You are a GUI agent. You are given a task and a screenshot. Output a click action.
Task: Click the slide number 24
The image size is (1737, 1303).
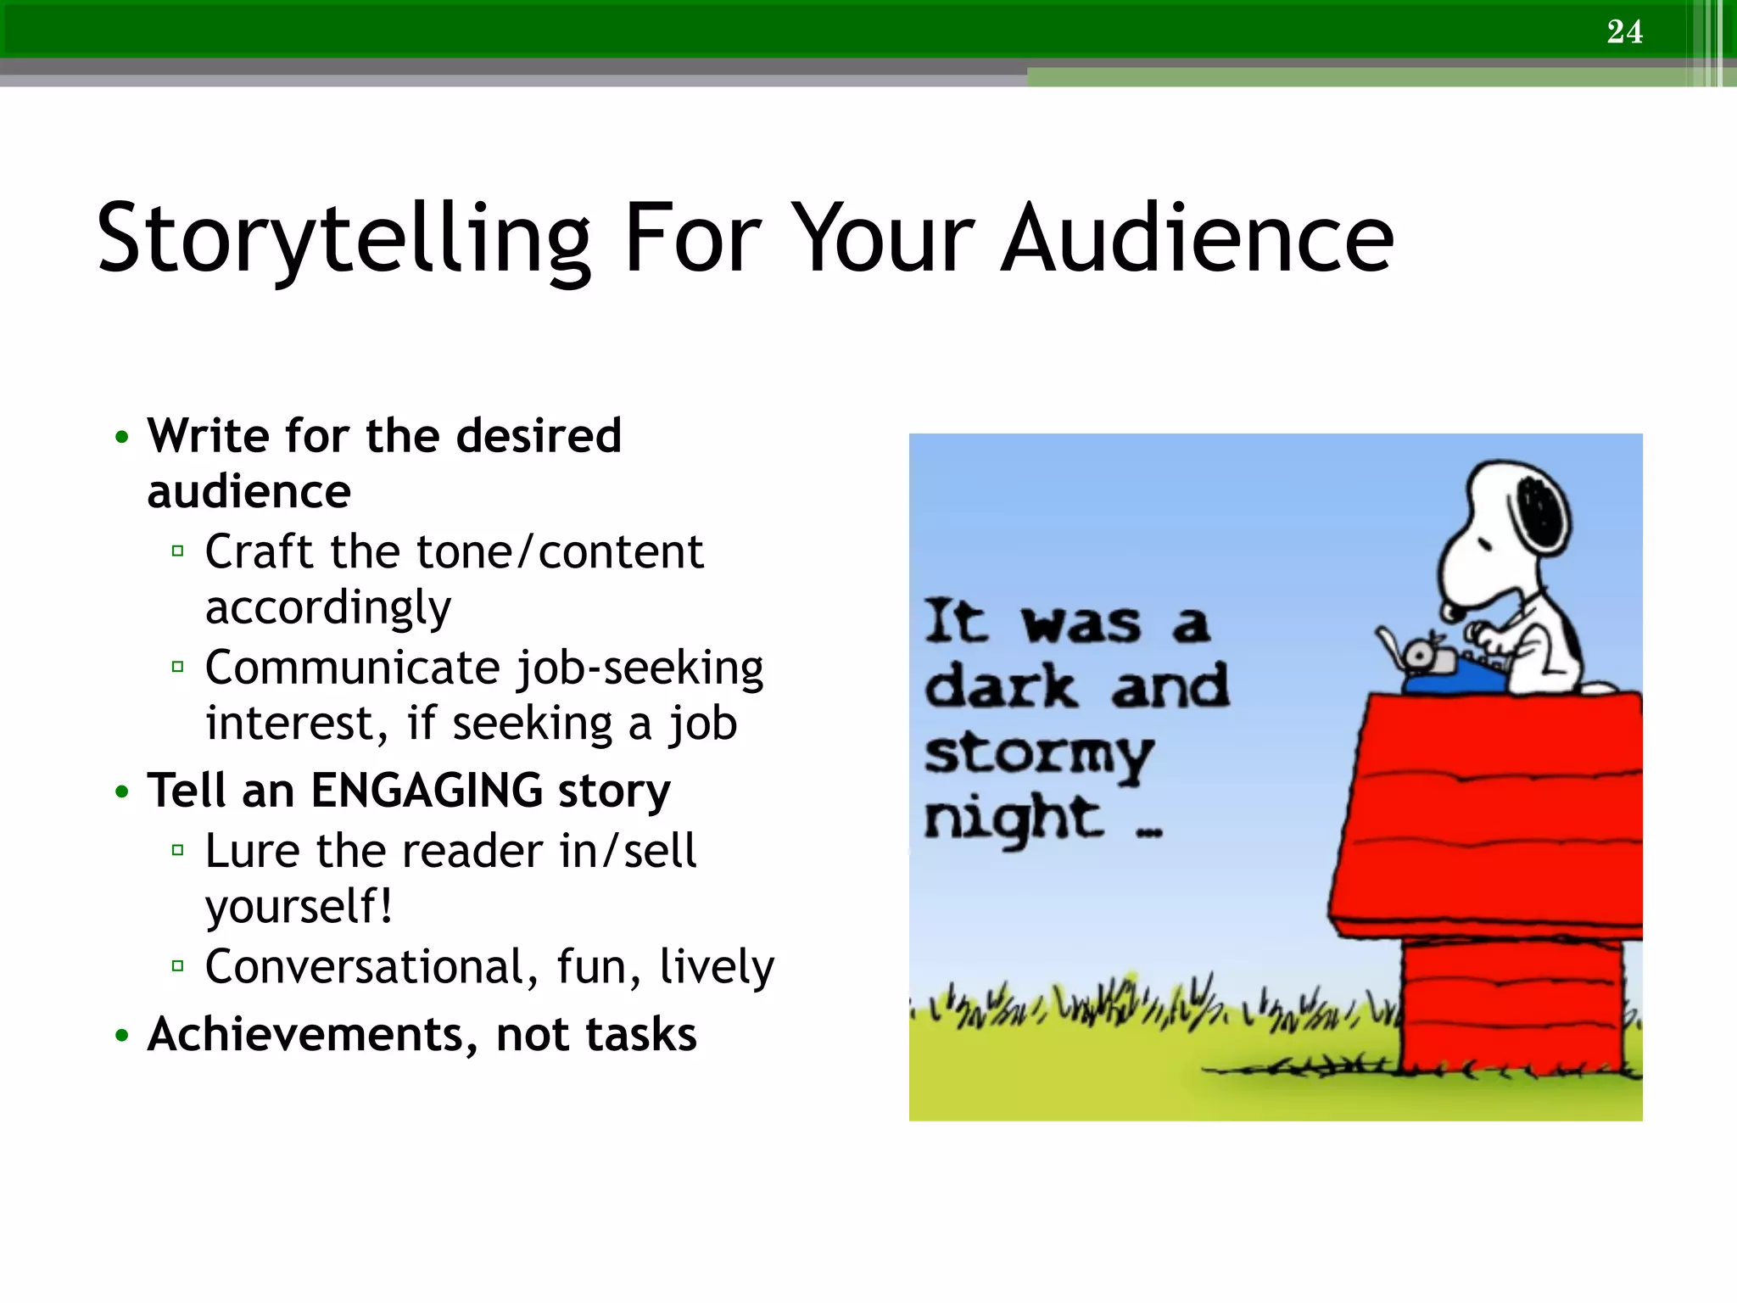pyautogui.click(x=1624, y=31)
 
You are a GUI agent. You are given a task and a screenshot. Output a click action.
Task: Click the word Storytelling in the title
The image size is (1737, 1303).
pyautogui.click(x=343, y=239)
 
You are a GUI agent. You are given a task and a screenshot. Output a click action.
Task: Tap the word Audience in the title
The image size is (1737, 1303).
pyautogui.click(x=1197, y=239)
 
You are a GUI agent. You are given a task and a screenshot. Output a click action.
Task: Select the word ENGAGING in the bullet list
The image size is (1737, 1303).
pyautogui.click(x=427, y=790)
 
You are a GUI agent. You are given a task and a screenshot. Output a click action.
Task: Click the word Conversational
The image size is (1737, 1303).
pyautogui.click(x=366, y=966)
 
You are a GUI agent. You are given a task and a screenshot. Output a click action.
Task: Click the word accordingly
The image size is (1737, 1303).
pyautogui.click(x=328, y=608)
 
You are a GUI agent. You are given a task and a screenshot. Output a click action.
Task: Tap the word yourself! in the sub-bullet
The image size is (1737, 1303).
pyautogui.click(x=299, y=906)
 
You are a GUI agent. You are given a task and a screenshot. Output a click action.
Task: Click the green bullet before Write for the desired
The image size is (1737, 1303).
pyautogui.click(x=122, y=438)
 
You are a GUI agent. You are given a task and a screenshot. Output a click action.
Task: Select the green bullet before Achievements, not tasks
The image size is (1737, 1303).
pyautogui.click(x=122, y=1036)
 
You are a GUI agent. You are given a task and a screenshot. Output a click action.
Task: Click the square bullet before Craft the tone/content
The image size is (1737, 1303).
pyautogui.click(x=177, y=551)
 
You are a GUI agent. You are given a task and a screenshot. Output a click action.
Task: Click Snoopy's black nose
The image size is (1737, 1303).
pyautogui.click(x=1451, y=610)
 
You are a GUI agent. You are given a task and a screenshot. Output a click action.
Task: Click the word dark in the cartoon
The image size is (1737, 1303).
pyautogui.click(x=1001, y=687)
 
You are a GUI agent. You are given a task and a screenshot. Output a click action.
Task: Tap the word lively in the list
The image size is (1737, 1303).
pyautogui.click(x=717, y=966)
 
